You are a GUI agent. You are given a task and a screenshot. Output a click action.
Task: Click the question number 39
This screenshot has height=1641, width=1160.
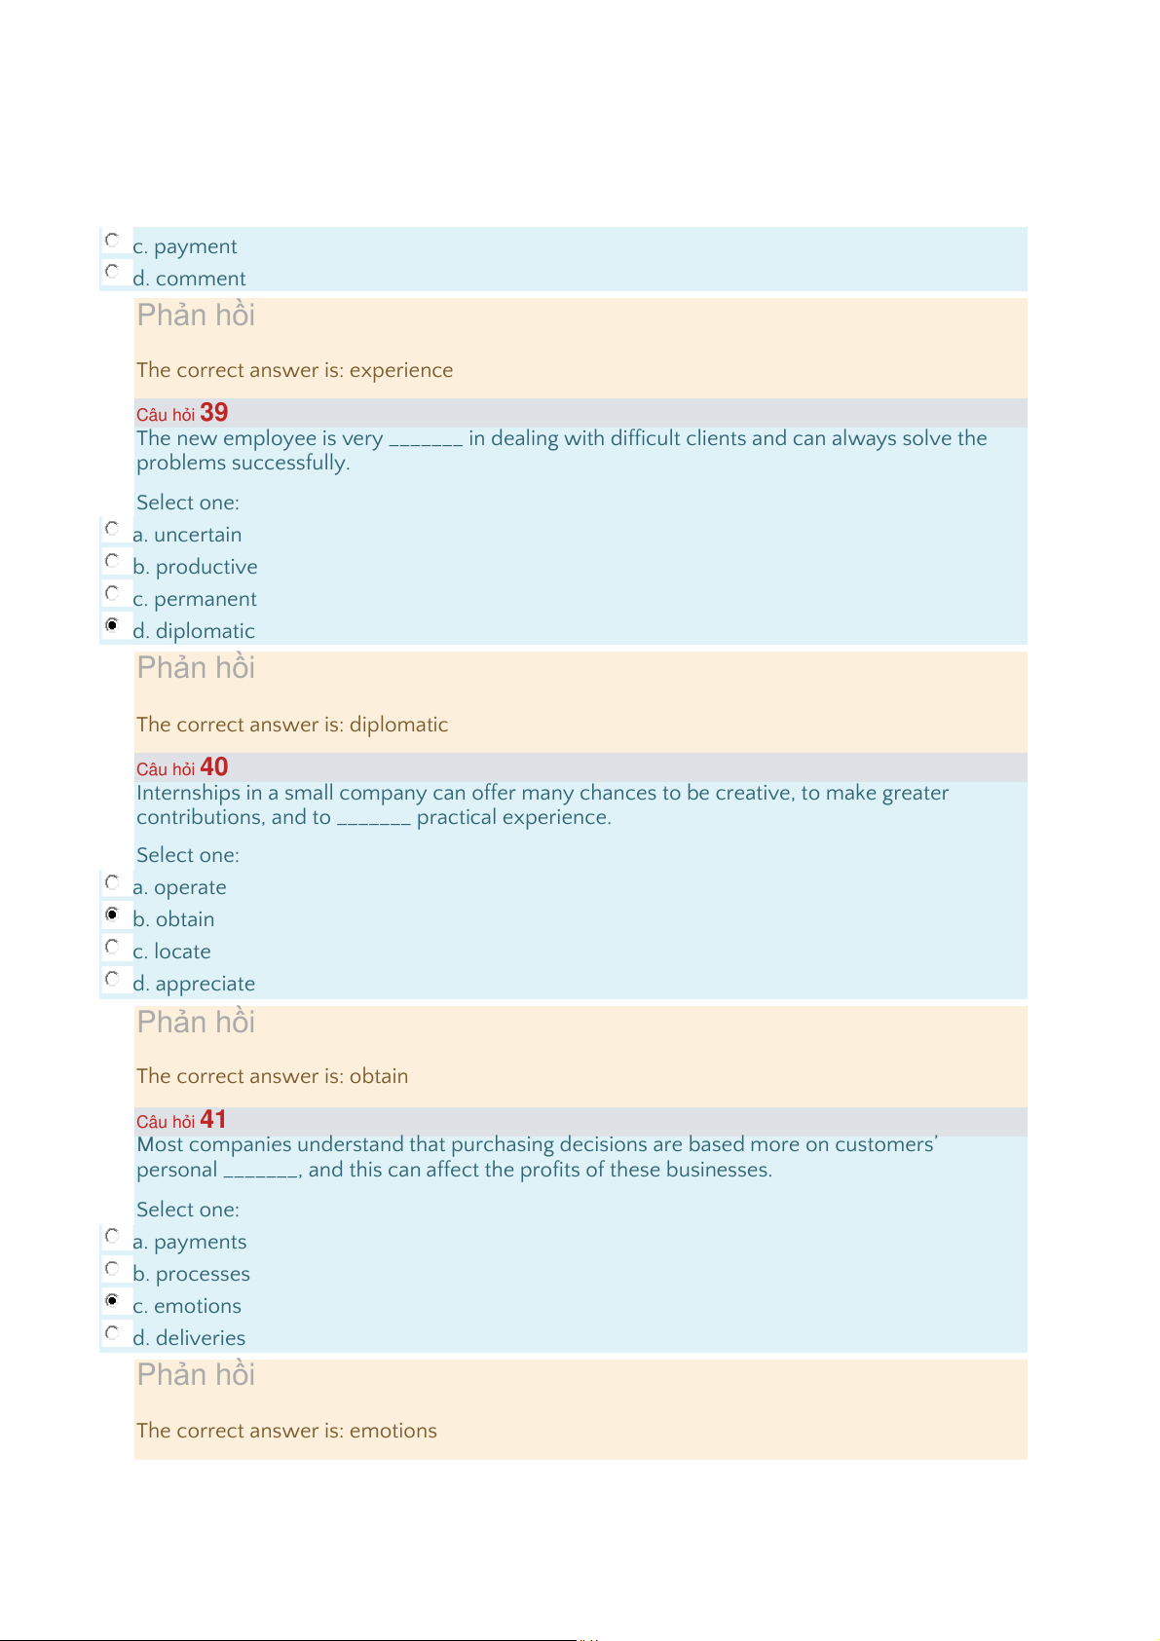pyautogui.click(x=213, y=413)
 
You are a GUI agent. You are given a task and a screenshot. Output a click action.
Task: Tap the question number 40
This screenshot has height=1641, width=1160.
pyautogui.click(x=213, y=767)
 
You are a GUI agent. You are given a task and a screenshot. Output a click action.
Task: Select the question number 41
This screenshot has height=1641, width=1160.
pyautogui.click(x=212, y=1120)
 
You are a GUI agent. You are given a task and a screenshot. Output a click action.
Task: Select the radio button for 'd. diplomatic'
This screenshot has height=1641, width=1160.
pyautogui.click(x=112, y=624)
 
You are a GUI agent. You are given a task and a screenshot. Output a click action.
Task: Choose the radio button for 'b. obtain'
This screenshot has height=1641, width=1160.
pyautogui.click(x=112, y=914)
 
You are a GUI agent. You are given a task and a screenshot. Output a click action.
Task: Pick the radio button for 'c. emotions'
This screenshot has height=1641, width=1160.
pyautogui.click(x=112, y=1300)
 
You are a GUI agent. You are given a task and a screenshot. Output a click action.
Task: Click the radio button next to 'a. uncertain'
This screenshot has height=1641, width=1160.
pyautogui.click(x=112, y=529)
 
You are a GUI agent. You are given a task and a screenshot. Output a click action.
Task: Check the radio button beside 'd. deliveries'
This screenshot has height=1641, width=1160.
pyautogui.click(x=112, y=1332)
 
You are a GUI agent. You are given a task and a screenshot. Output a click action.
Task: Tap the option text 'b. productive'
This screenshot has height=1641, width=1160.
pyautogui.click(x=195, y=567)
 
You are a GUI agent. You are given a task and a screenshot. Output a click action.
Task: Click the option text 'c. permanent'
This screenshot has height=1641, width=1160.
pyautogui.click(x=195, y=599)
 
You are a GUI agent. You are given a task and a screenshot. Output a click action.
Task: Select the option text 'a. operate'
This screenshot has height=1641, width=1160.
pyautogui.click(x=179, y=887)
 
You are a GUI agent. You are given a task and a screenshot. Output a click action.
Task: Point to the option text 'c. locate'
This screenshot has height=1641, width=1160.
pyautogui.click(x=171, y=951)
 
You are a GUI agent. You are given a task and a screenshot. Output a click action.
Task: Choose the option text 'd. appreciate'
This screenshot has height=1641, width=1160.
pyautogui.click(x=194, y=984)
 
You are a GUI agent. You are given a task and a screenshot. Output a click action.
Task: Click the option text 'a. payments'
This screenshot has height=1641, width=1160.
pyautogui.click(x=189, y=1242)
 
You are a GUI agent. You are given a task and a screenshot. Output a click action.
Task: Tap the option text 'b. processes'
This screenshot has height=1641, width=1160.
pyautogui.click(x=191, y=1274)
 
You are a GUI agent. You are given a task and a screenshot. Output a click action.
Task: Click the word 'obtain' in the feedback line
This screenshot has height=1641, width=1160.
pyautogui.click(x=378, y=1076)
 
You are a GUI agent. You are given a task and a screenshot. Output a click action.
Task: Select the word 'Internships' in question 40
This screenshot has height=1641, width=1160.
pyautogui.click(x=188, y=793)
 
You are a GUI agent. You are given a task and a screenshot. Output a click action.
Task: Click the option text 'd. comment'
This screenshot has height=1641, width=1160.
pyautogui.click(x=189, y=279)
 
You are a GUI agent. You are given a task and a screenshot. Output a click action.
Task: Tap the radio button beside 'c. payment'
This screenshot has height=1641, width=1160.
pyautogui.click(x=112, y=240)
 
